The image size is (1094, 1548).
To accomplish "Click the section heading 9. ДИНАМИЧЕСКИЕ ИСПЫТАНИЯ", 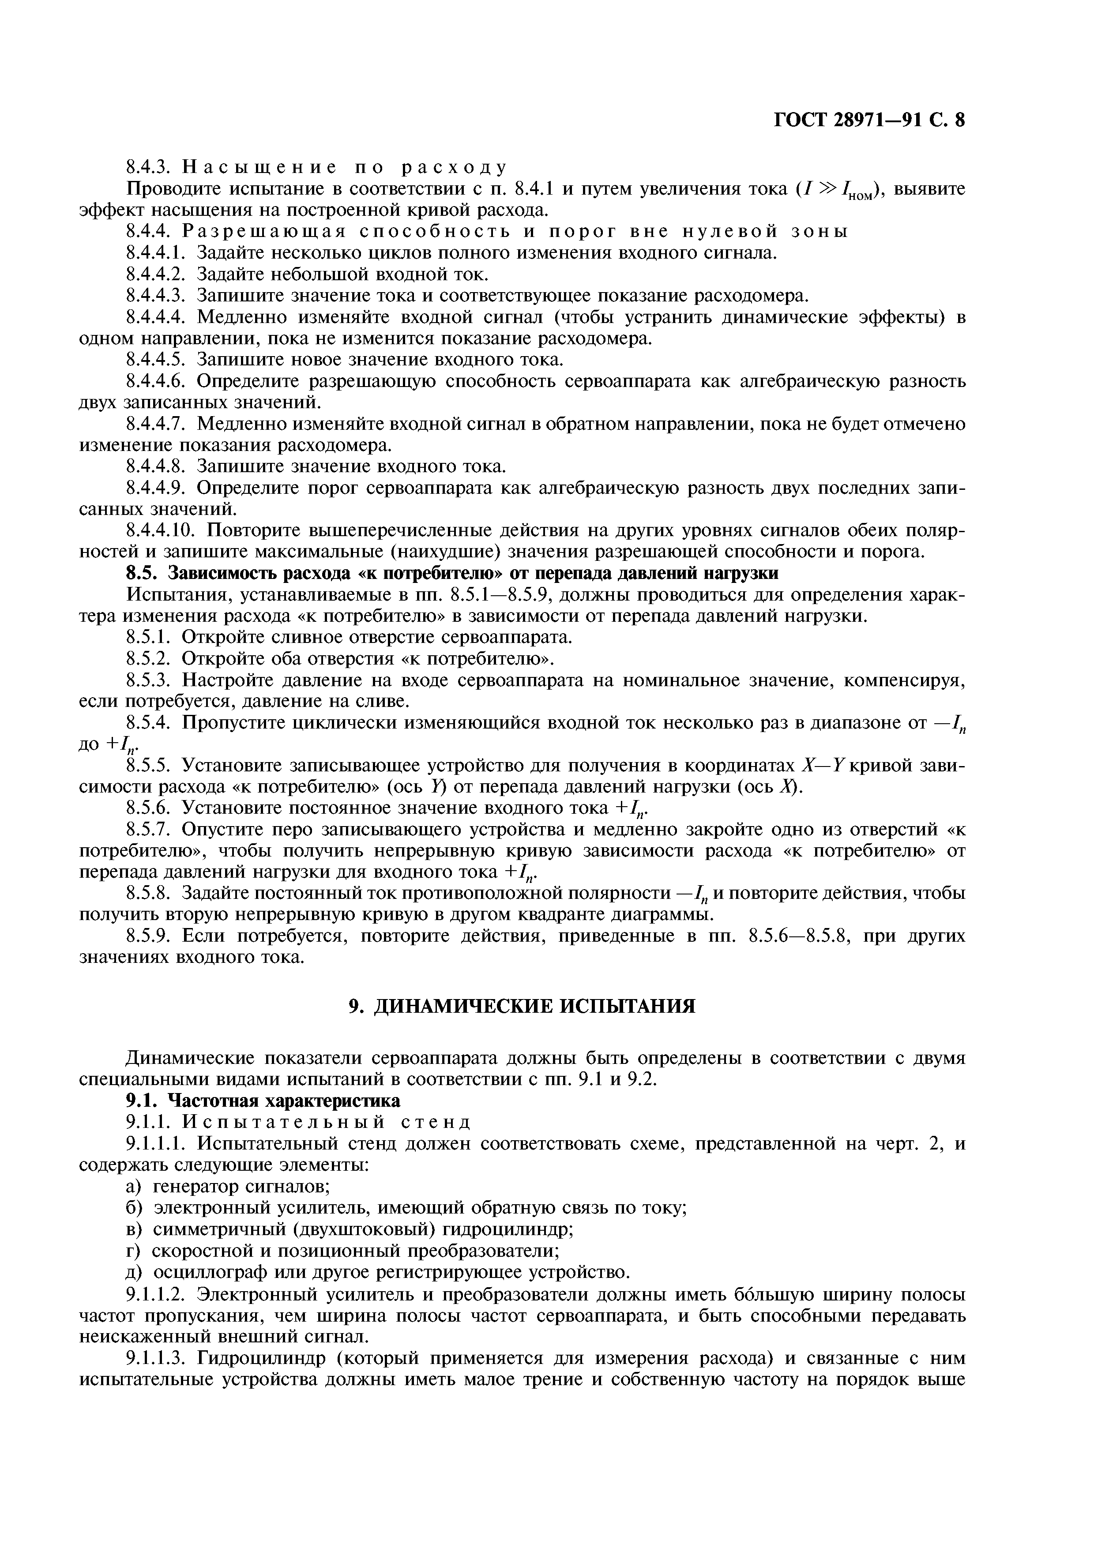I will click(x=521, y=1006).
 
